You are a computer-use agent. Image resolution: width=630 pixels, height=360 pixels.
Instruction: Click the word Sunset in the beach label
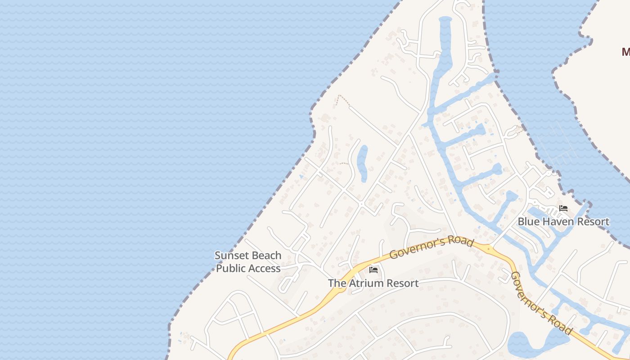pos(231,256)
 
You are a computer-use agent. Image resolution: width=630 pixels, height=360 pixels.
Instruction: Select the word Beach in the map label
pos(266,256)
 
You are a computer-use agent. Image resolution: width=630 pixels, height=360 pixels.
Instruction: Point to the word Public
pos(232,269)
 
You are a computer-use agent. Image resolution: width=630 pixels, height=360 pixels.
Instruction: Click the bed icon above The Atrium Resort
pos(373,270)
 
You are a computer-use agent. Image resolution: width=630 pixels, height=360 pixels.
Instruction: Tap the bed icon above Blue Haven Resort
pos(563,208)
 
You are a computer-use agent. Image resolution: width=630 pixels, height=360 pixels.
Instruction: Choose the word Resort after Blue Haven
pos(593,221)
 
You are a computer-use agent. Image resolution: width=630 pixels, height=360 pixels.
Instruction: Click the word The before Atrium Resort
pos(336,283)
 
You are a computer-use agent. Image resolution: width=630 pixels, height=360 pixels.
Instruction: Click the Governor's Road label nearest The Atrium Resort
pos(431,248)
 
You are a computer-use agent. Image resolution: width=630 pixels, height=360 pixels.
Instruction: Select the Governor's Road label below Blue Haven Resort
pos(542,304)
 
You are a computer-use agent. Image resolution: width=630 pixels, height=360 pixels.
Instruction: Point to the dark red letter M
pos(625,52)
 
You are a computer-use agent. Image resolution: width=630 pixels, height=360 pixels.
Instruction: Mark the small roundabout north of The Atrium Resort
pos(361,204)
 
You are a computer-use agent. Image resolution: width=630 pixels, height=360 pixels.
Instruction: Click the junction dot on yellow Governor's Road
pos(488,248)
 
